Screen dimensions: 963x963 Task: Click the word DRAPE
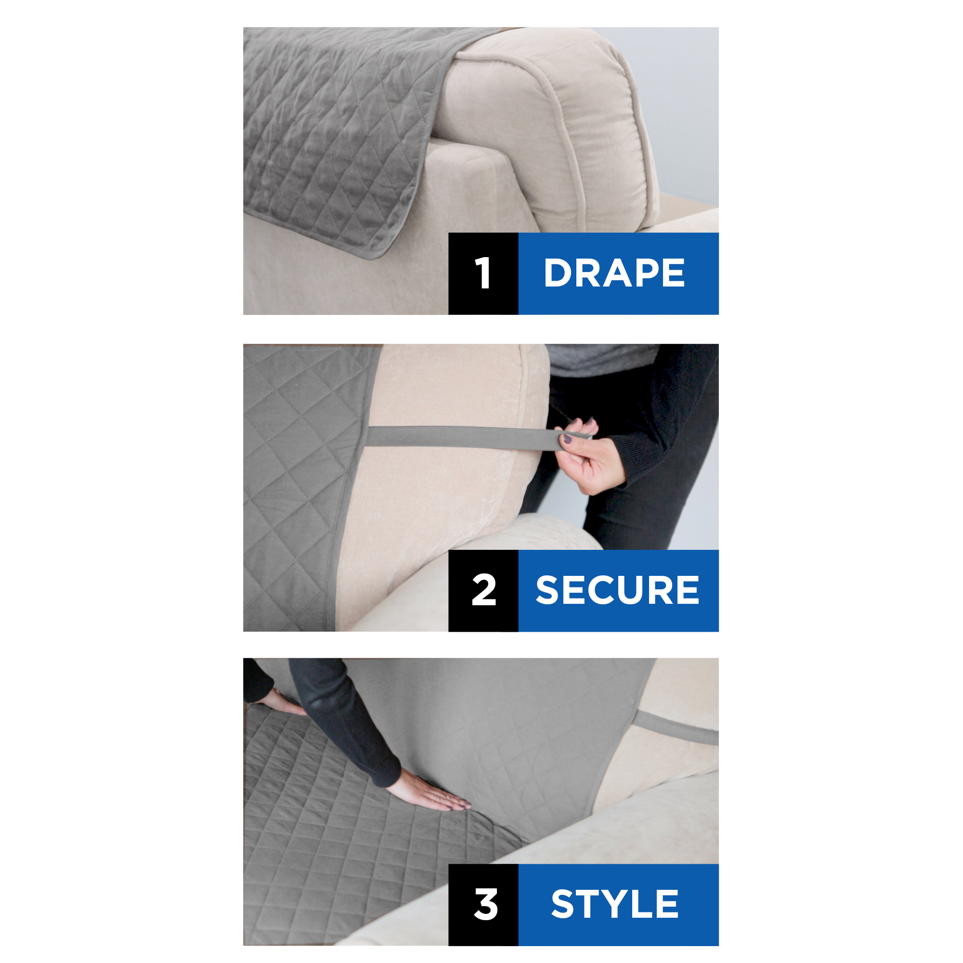point(614,273)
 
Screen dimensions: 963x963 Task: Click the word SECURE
point(617,590)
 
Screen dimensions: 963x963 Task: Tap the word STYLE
point(614,904)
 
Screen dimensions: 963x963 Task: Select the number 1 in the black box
point(483,273)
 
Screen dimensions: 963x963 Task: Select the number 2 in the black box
point(483,590)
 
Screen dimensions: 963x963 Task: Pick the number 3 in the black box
point(485,904)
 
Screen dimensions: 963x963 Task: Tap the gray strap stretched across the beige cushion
point(464,437)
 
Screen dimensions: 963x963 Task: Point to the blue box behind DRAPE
point(619,273)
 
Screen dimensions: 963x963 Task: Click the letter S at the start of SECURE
point(547,590)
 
